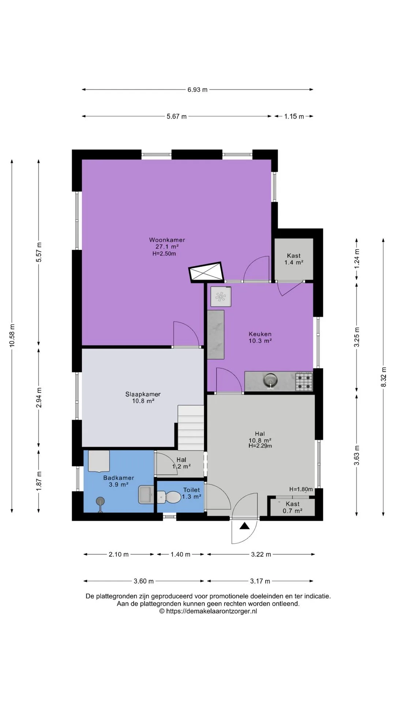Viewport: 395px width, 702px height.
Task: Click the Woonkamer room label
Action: point(167,240)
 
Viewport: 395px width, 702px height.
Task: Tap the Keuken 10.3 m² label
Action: point(260,337)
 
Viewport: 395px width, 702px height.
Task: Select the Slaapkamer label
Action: point(143,394)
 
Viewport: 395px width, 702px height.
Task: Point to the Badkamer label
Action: point(118,478)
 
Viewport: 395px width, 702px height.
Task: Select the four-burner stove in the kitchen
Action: point(304,381)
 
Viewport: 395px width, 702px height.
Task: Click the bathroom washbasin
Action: point(146,495)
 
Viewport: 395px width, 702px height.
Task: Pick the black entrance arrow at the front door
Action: point(245,526)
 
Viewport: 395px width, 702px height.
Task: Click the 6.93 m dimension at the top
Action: point(197,90)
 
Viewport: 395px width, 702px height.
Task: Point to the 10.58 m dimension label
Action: point(12,336)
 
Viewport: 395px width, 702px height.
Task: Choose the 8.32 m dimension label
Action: point(384,377)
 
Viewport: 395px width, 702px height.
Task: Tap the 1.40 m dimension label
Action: point(180,554)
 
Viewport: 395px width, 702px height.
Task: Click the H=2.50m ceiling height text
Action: point(164,254)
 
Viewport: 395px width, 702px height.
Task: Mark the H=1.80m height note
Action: point(301,489)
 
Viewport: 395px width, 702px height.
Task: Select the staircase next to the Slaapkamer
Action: point(191,428)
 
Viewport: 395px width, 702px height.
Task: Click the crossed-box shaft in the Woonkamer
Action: point(206,272)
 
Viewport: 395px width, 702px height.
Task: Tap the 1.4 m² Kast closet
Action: point(294,259)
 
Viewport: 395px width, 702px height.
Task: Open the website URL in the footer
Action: point(208,611)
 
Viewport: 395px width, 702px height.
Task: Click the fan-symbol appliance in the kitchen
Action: point(221,297)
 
